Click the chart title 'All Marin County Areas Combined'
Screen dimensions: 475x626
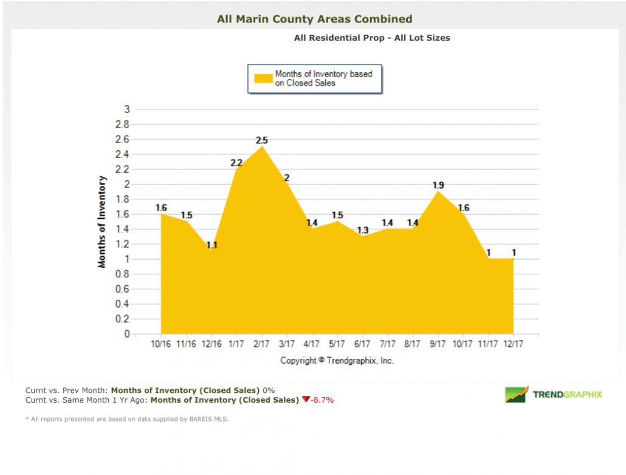pos(314,19)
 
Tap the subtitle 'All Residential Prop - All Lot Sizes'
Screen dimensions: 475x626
pos(372,38)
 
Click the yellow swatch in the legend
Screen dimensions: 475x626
pos(263,78)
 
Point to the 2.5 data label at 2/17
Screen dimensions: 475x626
pos(262,140)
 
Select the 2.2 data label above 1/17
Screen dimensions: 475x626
pos(236,162)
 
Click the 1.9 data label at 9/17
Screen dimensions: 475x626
pos(438,185)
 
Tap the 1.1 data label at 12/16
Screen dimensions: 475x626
pos(212,245)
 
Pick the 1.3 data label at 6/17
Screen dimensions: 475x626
pos(363,230)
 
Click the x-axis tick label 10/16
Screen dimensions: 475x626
pos(161,344)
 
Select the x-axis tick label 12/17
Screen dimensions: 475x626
pos(514,344)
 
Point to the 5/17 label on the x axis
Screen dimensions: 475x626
pos(337,344)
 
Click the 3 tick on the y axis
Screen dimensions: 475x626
pos(127,109)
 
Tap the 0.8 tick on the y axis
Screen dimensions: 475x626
pos(123,274)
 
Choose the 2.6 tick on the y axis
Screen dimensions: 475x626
pos(123,139)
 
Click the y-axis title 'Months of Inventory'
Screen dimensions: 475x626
pos(102,222)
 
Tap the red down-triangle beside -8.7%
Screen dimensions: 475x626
pos(306,400)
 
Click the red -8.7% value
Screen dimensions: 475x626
pos(322,400)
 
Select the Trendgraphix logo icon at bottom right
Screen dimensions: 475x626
pos(517,394)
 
